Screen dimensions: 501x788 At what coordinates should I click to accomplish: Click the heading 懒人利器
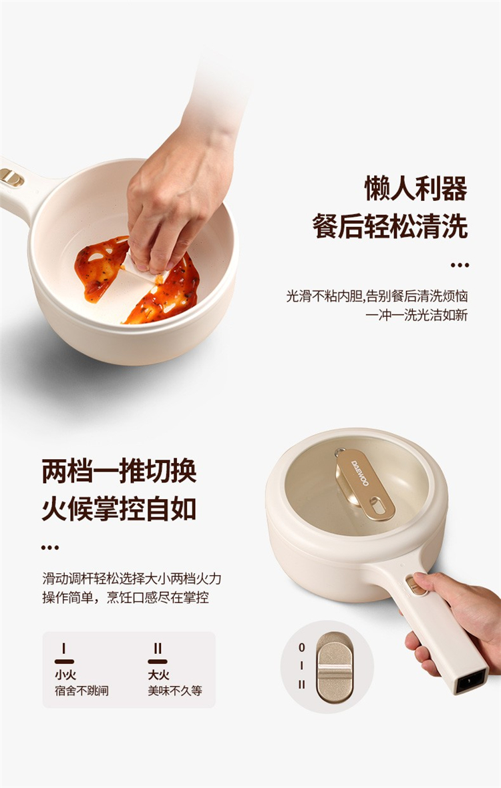pos(416,188)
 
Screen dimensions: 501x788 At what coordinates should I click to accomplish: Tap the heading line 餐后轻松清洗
pos(390,226)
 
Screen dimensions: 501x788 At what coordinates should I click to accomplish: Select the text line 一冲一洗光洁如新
pos(416,315)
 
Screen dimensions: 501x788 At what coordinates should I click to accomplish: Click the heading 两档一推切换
pos(119,471)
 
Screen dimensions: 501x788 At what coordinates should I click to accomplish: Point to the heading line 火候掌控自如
pos(119,508)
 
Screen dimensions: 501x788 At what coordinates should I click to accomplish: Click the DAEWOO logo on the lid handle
pos(360,473)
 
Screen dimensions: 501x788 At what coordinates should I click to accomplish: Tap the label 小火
pos(65,675)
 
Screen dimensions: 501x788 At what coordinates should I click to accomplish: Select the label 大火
pos(158,675)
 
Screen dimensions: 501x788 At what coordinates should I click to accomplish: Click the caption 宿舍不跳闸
pos(81,691)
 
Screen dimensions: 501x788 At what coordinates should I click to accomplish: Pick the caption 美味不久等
pos(174,691)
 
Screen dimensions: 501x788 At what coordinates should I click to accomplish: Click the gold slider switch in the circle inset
pos(335,667)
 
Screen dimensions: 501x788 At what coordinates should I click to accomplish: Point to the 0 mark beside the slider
pos(301,647)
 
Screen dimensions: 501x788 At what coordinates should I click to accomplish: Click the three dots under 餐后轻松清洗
pos(460,265)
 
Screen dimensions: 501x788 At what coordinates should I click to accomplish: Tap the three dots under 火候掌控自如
pos(50,547)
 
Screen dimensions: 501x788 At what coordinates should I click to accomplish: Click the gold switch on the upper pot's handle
pos(11,177)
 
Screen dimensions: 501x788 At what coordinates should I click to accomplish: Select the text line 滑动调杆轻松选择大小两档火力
pos(132,578)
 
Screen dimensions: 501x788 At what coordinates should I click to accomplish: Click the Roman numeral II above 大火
pos(158,649)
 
